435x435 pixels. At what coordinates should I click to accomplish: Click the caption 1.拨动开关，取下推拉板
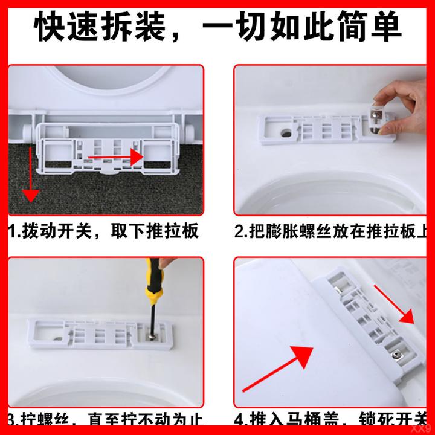click(x=103, y=231)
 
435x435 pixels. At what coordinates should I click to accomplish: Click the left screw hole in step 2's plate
click(x=285, y=129)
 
